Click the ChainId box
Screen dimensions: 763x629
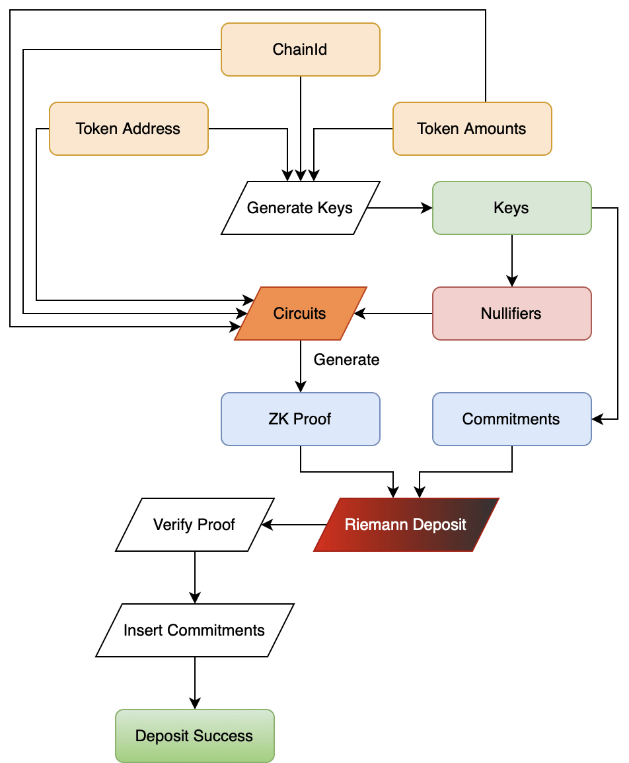pyautogui.click(x=301, y=50)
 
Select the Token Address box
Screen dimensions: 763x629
pyautogui.click(x=128, y=129)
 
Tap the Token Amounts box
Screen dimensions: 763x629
pyautogui.click(x=472, y=129)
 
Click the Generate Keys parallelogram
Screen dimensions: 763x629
pyautogui.click(x=301, y=208)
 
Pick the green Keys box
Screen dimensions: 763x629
pyautogui.click(x=511, y=208)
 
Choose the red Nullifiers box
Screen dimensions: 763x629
pyautogui.click(x=511, y=314)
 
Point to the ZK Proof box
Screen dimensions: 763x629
pyautogui.click(x=301, y=419)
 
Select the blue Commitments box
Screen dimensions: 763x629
pyautogui.click(x=511, y=419)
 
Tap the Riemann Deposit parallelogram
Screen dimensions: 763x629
pyautogui.click(x=406, y=525)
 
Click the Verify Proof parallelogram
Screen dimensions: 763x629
pyautogui.click(x=194, y=525)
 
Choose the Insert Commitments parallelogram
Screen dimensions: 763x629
pyautogui.click(x=194, y=630)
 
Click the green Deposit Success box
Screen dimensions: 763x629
pyautogui.click(x=194, y=736)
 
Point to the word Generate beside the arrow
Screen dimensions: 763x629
pyautogui.click(x=346, y=360)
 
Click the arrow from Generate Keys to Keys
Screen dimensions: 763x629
pyautogui.click(x=400, y=208)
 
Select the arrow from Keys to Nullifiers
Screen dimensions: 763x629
pyautogui.click(x=512, y=260)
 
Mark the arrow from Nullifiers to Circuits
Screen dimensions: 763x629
pyautogui.click(x=393, y=314)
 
